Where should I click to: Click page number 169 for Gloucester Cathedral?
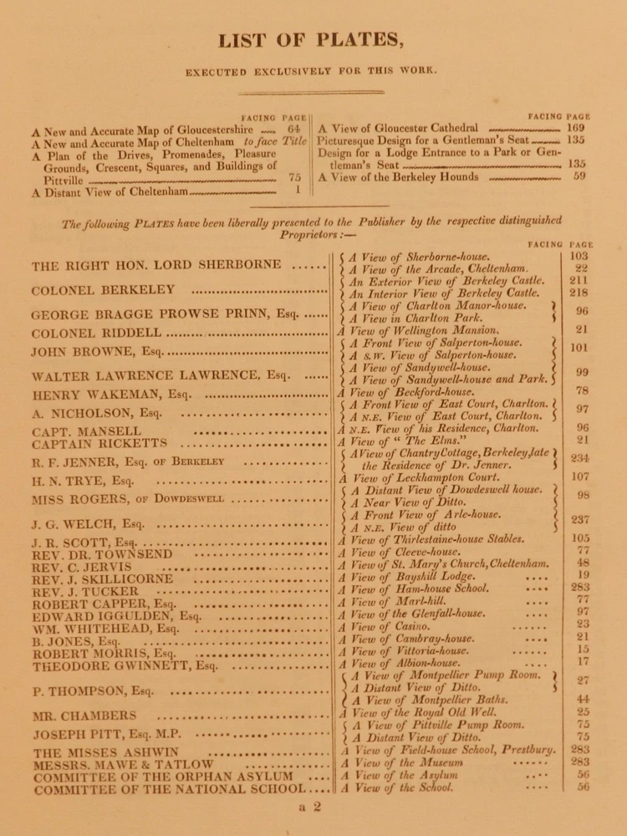pos(575,128)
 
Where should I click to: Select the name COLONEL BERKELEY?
pos(103,291)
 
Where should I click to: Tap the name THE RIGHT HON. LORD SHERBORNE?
pos(156,266)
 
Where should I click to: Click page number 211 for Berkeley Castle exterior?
pos(580,282)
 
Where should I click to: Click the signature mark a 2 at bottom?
pos(308,807)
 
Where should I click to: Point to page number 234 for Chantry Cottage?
pos(580,458)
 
